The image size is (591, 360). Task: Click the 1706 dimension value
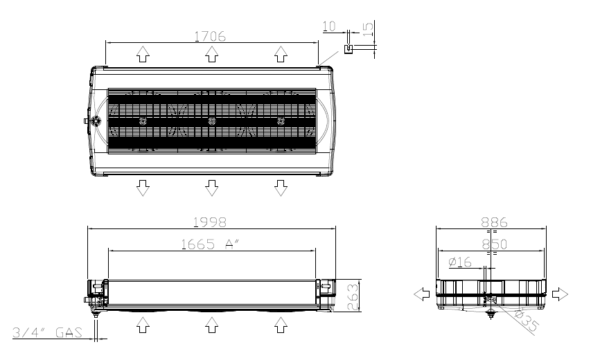(x=210, y=36)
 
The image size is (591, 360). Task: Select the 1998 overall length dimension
(x=210, y=222)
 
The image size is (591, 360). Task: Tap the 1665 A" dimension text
(x=211, y=244)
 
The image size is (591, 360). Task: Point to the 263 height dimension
(x=353, y=297)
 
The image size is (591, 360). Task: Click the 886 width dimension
(x=494, y=222)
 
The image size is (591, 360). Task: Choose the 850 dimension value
(x=495, y=244)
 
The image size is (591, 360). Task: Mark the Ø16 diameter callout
(x=460, y=262)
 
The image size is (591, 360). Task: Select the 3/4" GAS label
(x=48, y=332)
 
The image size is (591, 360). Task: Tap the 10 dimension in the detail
(x=329, y=26)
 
